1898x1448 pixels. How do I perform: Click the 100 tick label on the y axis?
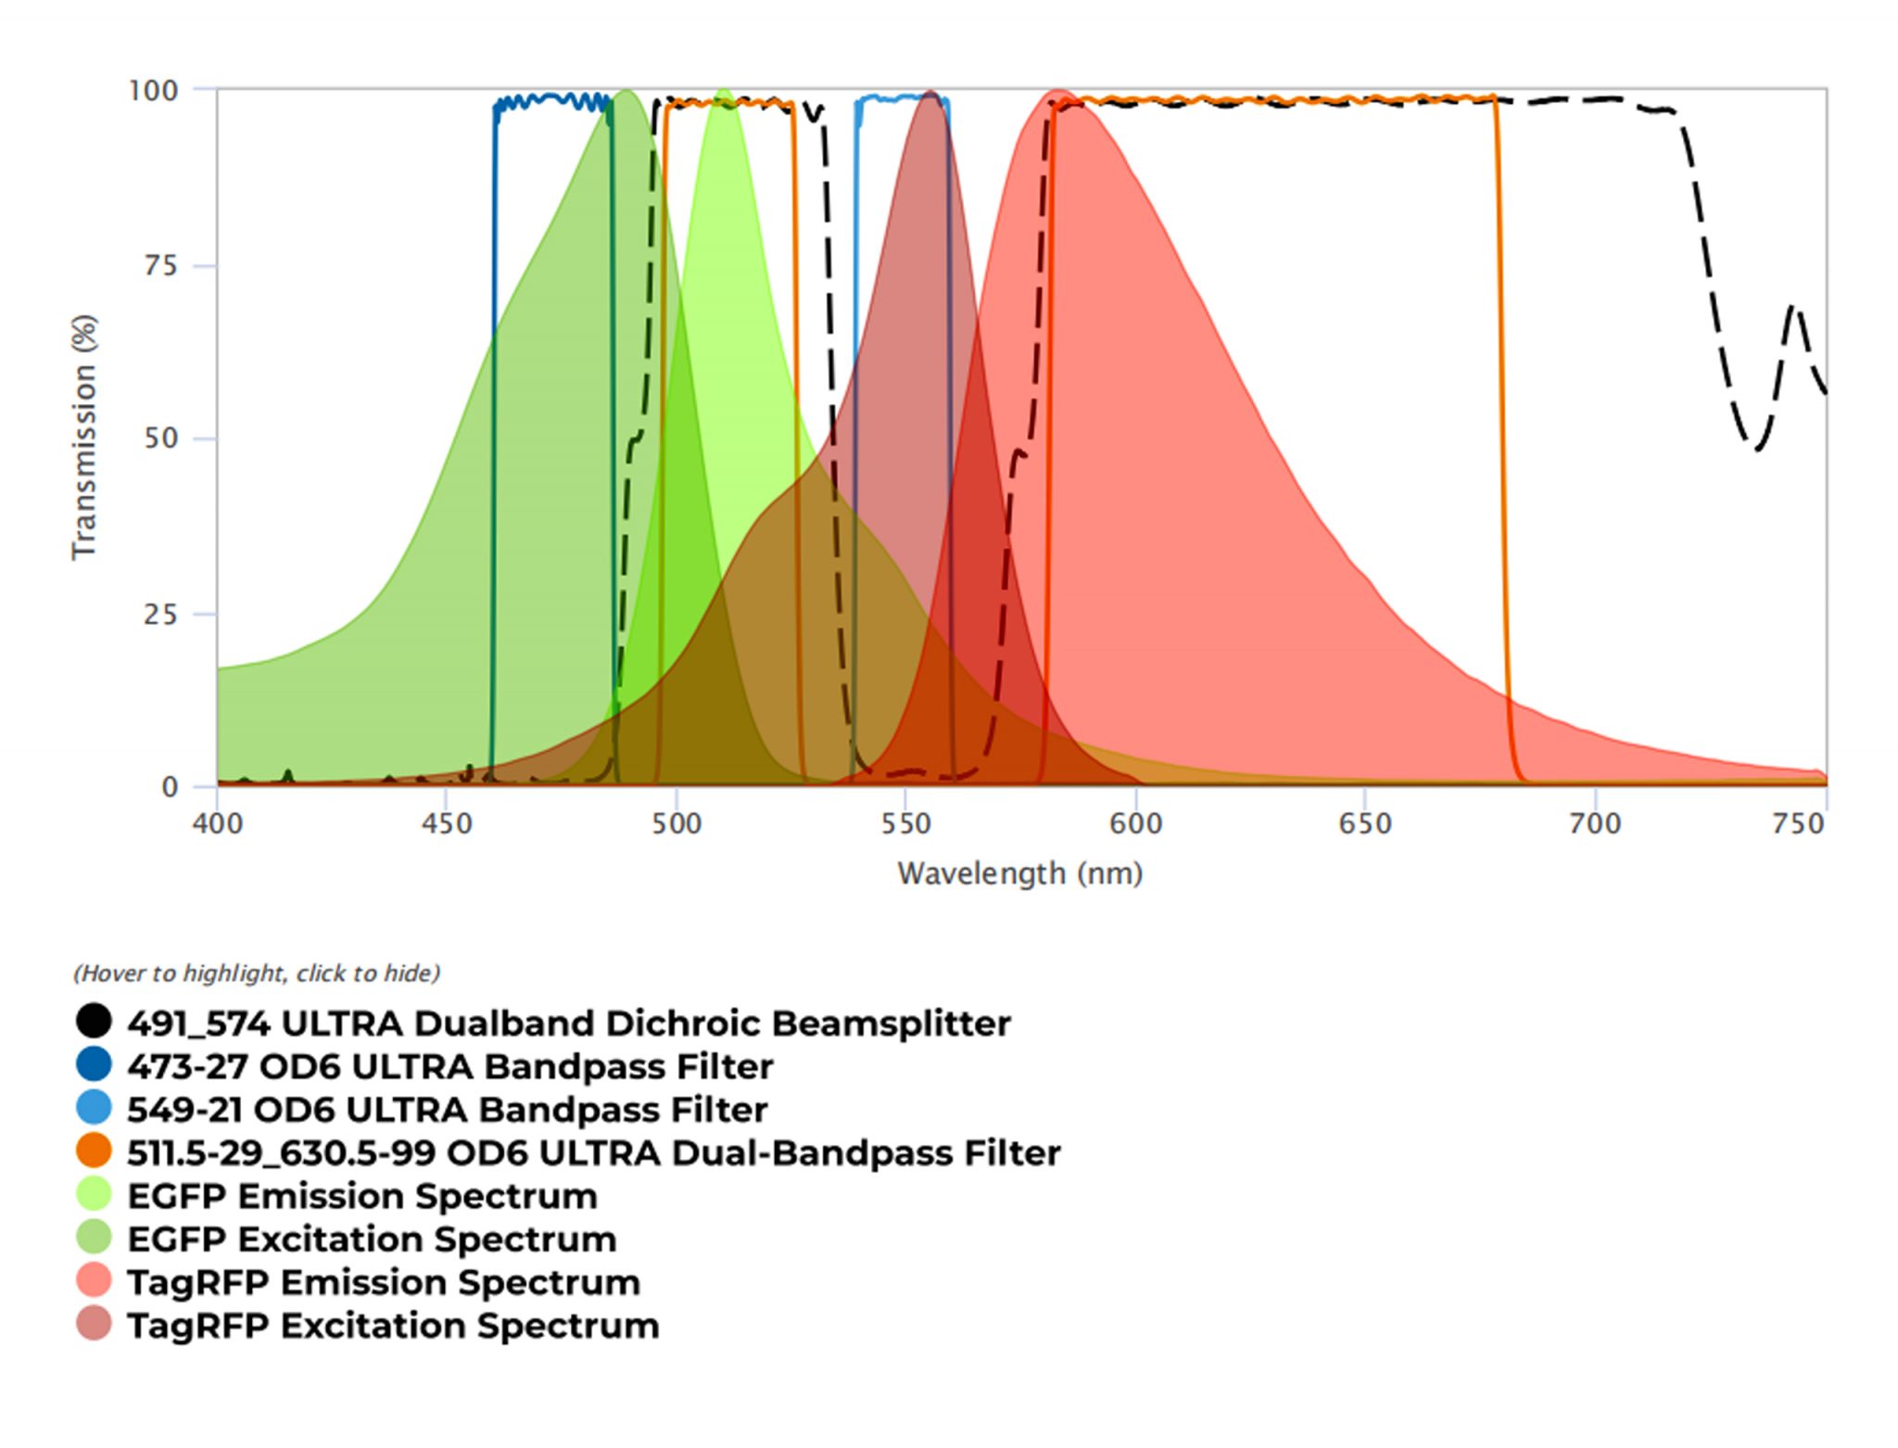(153, 91)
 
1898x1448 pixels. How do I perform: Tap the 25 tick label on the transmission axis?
(160, 614)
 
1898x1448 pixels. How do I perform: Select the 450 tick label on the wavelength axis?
(447, 823)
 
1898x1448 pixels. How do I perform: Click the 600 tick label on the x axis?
(1135, 823)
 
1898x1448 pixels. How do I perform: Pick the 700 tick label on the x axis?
(1594, 823)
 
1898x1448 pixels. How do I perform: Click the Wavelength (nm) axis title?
(1019, 873)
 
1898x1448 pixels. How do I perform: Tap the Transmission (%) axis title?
(84, 437)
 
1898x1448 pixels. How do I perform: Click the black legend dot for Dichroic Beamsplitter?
(94, 1022)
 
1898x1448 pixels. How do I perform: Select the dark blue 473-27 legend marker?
(94, 1065)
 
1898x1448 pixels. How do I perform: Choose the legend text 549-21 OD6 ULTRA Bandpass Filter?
(447, 1110)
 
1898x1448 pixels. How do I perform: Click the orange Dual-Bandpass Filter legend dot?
(94, 1151)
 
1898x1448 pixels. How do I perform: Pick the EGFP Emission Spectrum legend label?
(361, 1196)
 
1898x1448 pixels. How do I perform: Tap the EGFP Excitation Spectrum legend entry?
(371, 1238)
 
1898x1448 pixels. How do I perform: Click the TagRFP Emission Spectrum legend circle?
(94, 1281)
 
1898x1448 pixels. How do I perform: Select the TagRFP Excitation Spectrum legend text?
(393, 1326)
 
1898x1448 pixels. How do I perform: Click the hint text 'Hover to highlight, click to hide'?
(257, 973)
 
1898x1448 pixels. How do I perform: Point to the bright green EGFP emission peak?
(722, 93)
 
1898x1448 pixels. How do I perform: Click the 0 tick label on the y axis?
(170, 787)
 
